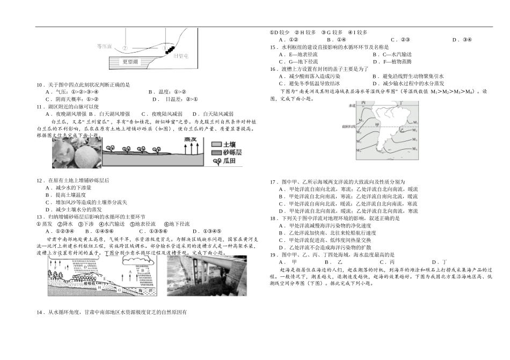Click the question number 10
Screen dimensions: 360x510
[39, 85]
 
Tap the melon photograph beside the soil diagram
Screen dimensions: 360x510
[76, 154]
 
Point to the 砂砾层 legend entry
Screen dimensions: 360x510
[225, 153]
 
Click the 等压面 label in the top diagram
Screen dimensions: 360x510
[104, 46]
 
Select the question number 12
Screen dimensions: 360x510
[39, 181]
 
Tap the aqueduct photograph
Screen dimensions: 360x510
[207, 275]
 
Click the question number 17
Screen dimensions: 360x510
[273, 182]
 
